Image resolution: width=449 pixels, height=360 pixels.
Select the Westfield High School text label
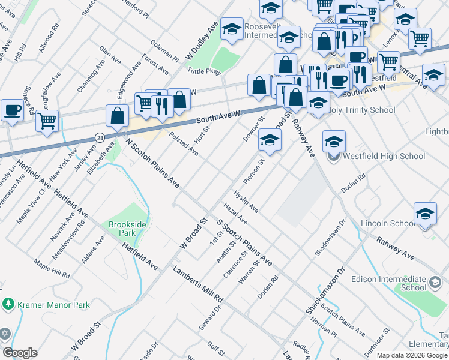pos(376,157)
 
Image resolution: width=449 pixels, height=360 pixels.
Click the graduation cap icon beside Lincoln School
pos(425,214)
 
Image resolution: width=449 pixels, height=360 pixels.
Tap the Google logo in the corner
pos(20,353)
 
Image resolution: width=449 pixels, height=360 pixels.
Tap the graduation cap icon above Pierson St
pos(270,141)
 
